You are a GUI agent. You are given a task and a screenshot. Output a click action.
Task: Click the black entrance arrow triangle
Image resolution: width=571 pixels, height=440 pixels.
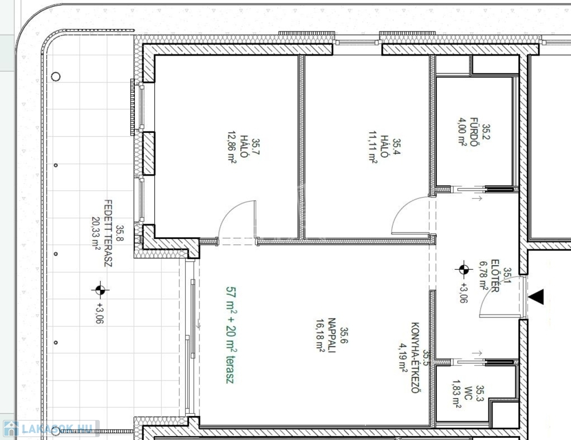(x=536, y=297)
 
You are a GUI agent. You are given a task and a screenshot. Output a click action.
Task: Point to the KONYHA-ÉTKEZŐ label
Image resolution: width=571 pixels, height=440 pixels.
(x=416, y=357)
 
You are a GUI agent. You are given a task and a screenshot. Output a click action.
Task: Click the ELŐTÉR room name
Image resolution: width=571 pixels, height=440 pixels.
(x=495, y=276)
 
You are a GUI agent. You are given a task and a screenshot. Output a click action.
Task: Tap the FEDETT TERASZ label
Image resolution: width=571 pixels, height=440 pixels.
(x=108, y=233)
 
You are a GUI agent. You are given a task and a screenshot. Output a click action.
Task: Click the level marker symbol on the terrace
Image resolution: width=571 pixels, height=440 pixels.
(x=100, y=290)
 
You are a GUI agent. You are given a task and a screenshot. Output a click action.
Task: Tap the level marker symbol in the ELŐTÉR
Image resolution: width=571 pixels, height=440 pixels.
(x=464, y=270)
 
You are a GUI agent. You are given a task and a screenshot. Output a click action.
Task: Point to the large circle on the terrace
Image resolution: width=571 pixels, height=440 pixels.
(x=56, y=76)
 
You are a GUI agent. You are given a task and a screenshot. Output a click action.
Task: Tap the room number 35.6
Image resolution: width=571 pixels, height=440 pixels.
(x=344, y=335)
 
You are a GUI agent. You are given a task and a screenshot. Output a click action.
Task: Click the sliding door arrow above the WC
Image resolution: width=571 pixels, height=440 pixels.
(x=477, y=353)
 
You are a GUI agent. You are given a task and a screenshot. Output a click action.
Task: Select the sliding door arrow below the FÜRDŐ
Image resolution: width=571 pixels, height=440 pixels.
(x=477, y=198)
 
